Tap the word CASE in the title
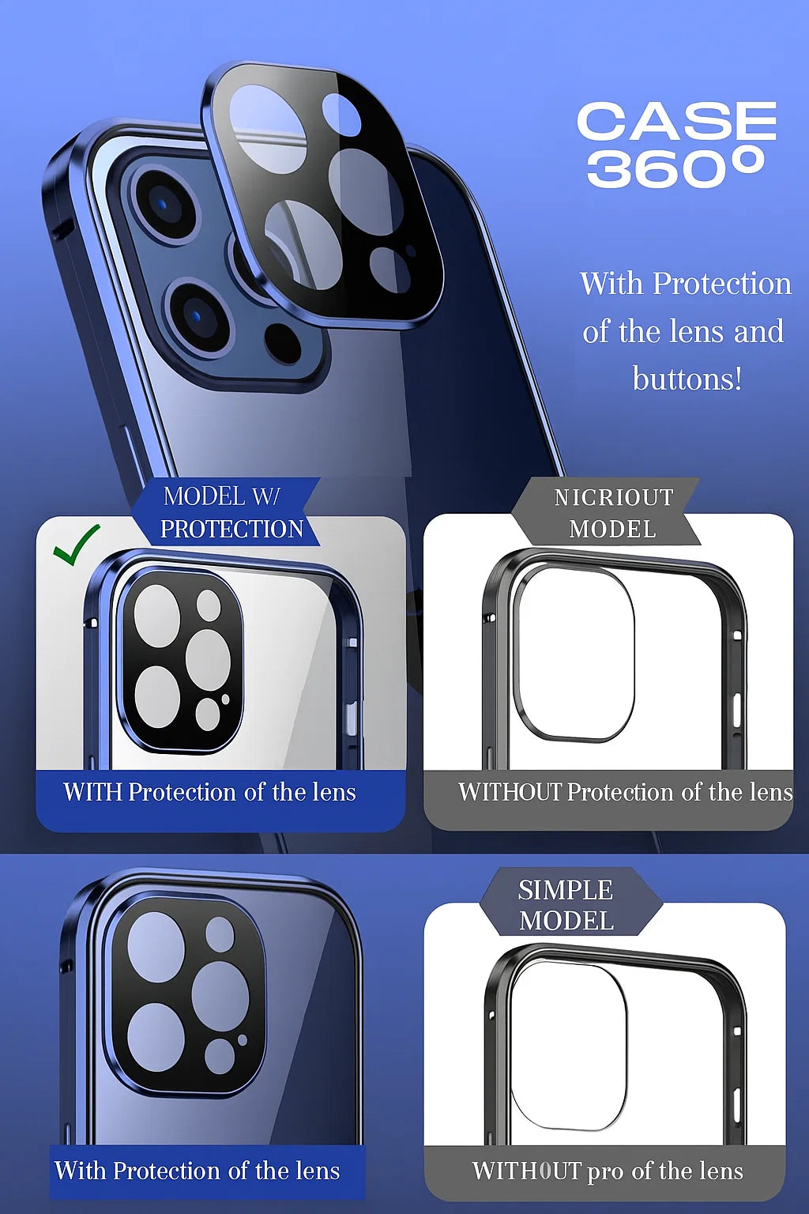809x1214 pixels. tap(677, 121)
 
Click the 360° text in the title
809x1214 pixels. tap(676, 168)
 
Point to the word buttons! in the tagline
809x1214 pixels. tap(687, 378)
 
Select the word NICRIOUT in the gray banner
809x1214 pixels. tap(613, 497)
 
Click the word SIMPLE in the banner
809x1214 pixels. tap(566, 890)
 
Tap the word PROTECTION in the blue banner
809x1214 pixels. tap(232, 529)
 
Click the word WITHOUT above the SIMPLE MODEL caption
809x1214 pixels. tap(510, 792)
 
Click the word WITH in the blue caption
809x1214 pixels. tap(92, 792)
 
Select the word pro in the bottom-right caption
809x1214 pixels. tap(606, 1172)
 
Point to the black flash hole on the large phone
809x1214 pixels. tap(283, 344)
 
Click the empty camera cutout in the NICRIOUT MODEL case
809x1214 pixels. tap(574, 652)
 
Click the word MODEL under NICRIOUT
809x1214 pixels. tap(613, 530)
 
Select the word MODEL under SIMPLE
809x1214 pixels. tap(566, 921)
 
